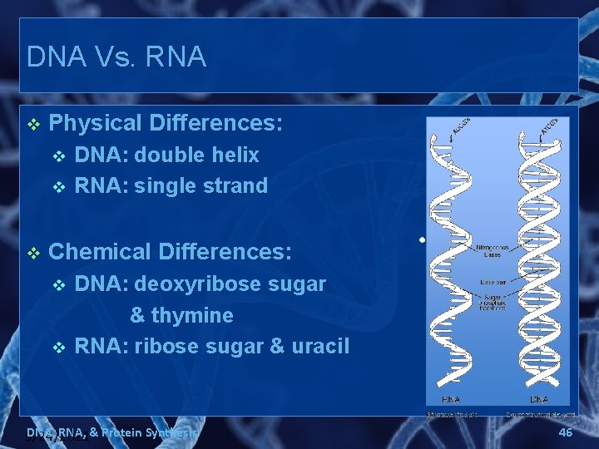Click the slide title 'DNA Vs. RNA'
tap(116, 57)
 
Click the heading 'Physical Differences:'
tap(166, 124)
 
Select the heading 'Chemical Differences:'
tap(171, 252)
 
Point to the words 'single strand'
tap(200, 185)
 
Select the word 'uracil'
tap(320, 346)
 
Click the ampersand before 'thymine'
tap(137, 316)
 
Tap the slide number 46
tap(565, 432)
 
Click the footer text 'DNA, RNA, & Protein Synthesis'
tap(112, 432)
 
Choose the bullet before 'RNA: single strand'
tap(57, 186)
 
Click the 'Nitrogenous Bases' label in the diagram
tap(492, 250)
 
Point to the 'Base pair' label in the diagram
tap(492, 283)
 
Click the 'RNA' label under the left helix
tap(451, 399)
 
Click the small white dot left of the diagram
tap(422, 239)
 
